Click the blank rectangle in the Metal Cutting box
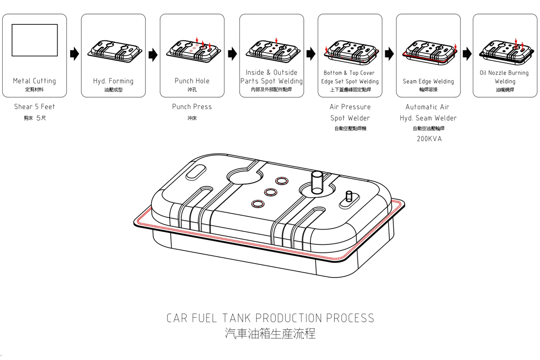point(35,40)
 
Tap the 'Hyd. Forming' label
point(113,81)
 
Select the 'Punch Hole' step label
point(192,81)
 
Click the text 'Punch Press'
point(192,107)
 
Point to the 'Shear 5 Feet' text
point(35,107)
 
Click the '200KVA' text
point(429,139)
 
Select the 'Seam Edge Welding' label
point(428,81)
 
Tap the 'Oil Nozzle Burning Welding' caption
point(504,77)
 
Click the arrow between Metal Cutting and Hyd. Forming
point(74,54)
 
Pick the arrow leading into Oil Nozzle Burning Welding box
point(467,54)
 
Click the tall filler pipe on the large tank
point(317,182)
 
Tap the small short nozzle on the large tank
point(349,197)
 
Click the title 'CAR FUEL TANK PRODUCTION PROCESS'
point(270,318)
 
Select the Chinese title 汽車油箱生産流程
point(270,333)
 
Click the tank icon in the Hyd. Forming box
point(113,49)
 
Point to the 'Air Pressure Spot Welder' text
point(350,112)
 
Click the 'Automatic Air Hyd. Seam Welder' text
point(428,112)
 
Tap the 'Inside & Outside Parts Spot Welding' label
point(271,77)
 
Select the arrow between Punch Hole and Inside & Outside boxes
point(232,54)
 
